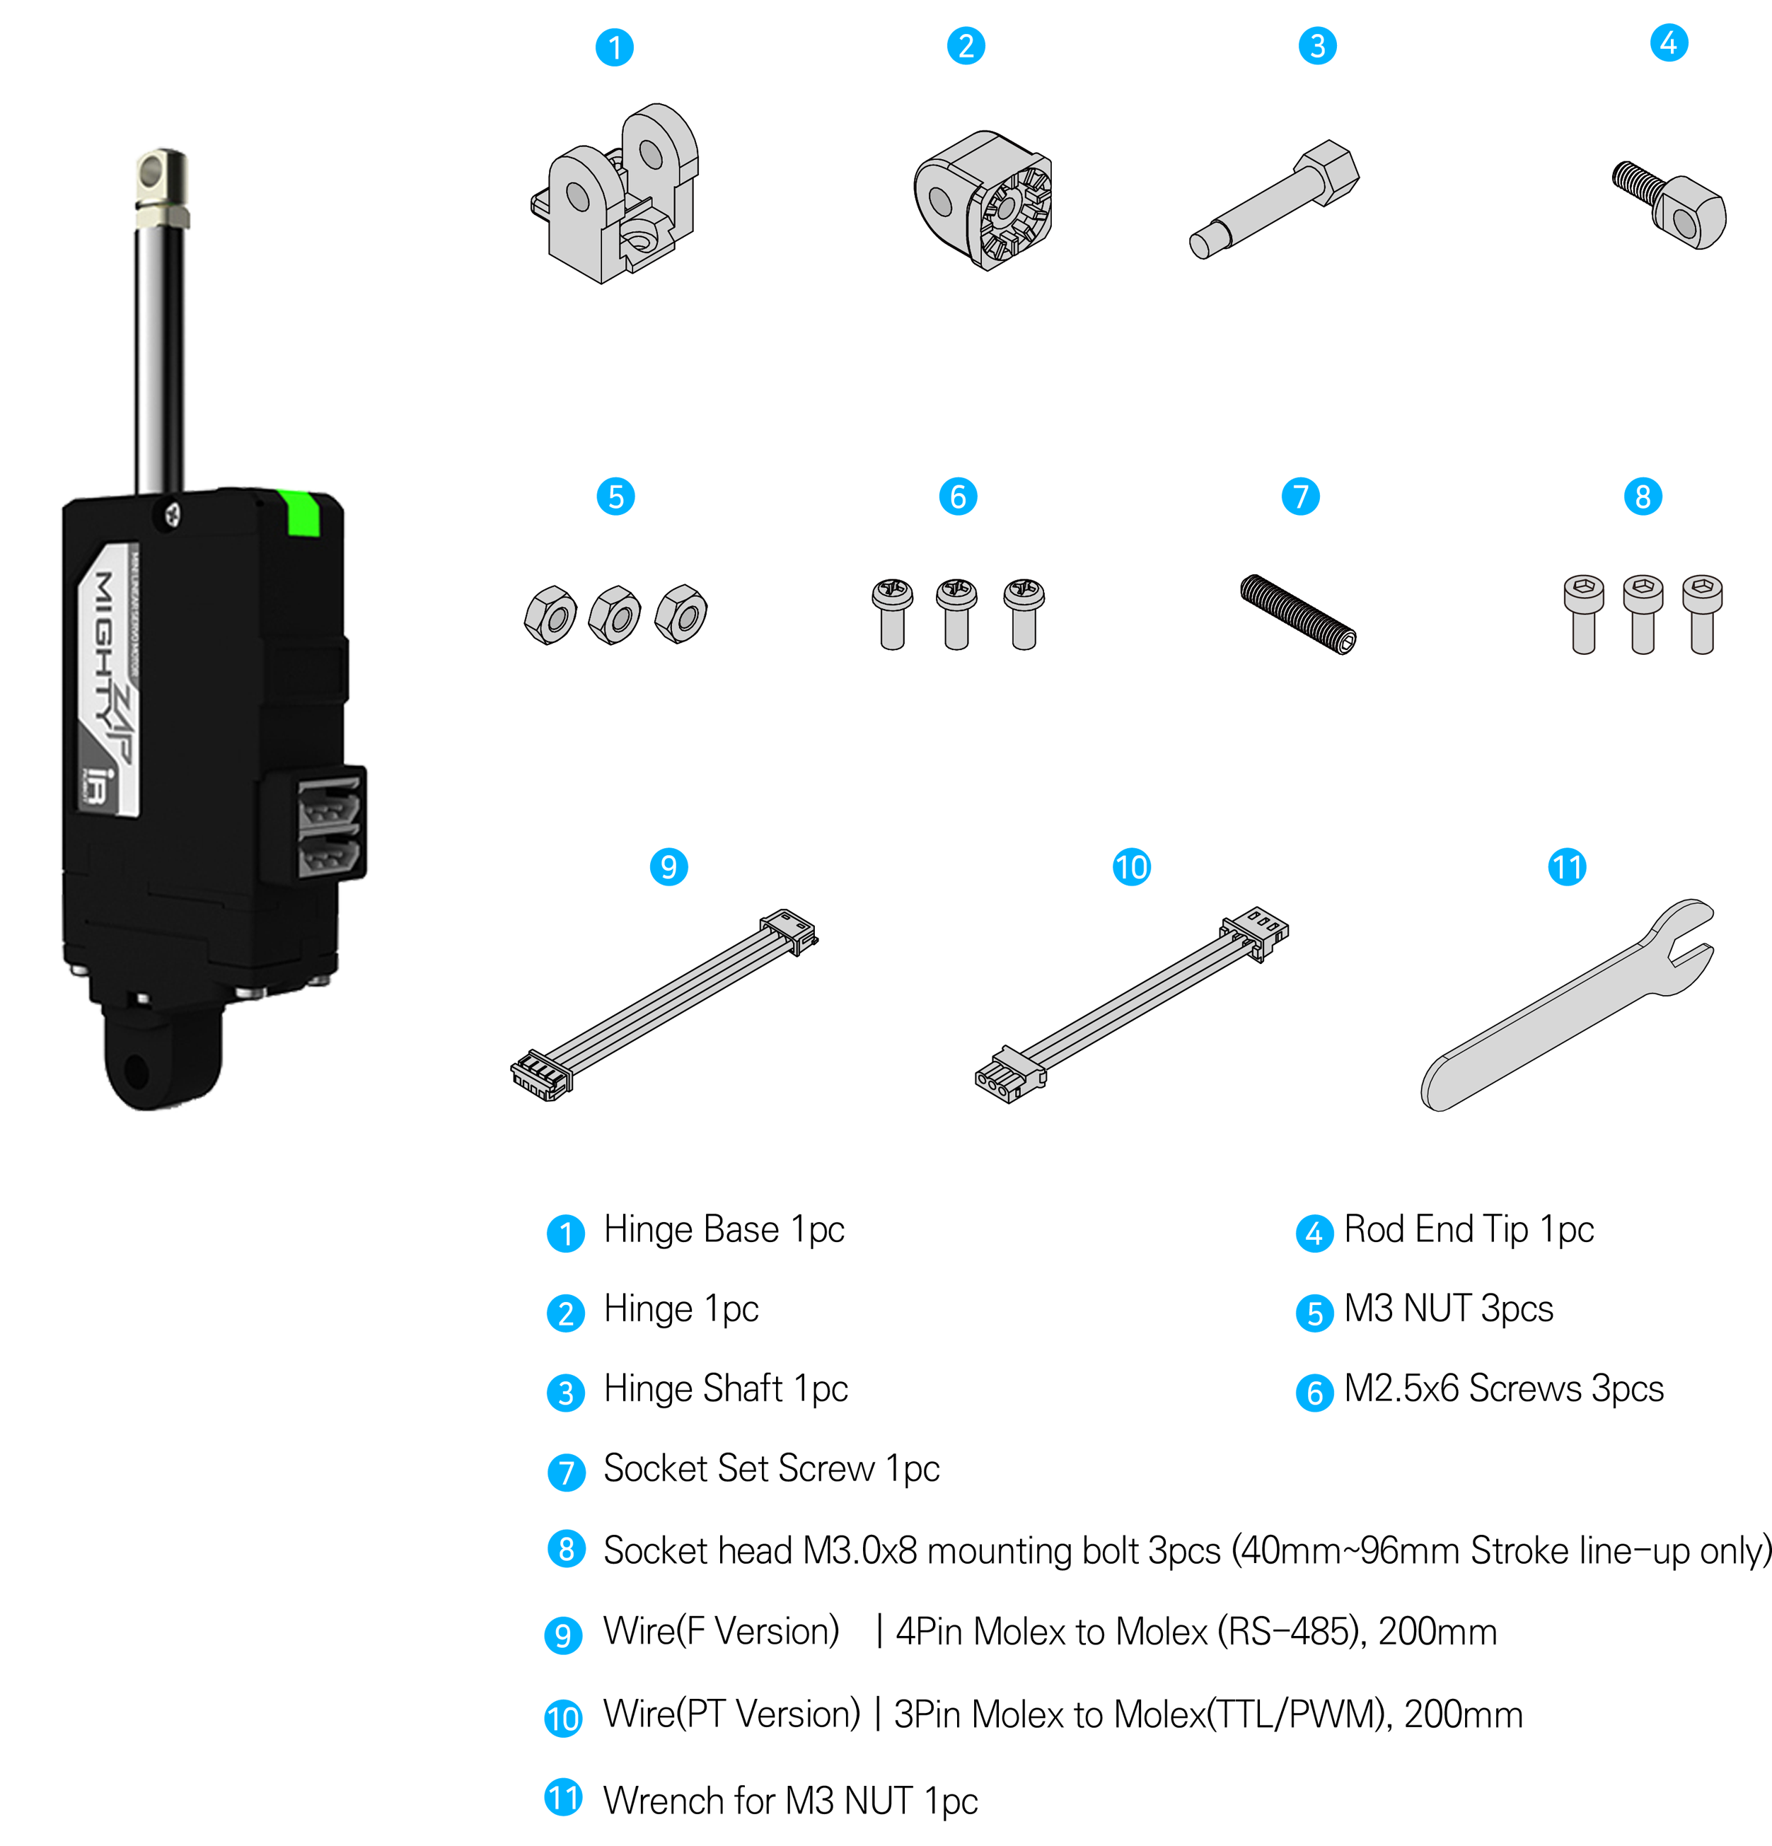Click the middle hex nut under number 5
point(614,615)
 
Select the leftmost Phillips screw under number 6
point(891,613)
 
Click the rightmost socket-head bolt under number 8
point(1701,613)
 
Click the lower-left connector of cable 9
point(542,1074)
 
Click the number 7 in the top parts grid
point(1301,497)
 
